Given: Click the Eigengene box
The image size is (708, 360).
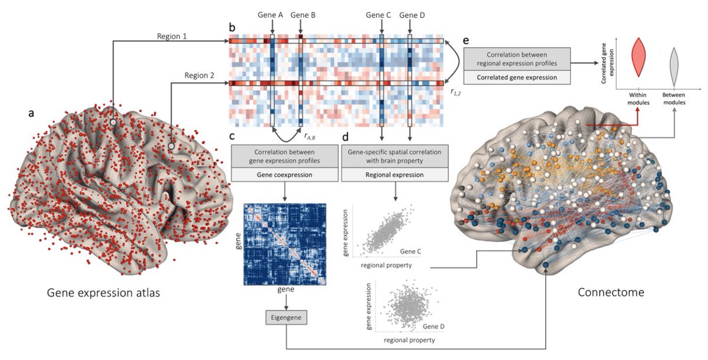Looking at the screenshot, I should point(286,319).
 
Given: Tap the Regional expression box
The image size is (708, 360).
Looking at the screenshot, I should point(394,175).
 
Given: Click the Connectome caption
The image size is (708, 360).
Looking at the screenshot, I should point(611,292).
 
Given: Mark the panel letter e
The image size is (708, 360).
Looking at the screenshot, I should point(466,41).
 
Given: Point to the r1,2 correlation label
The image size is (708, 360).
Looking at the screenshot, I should point(455,92).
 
